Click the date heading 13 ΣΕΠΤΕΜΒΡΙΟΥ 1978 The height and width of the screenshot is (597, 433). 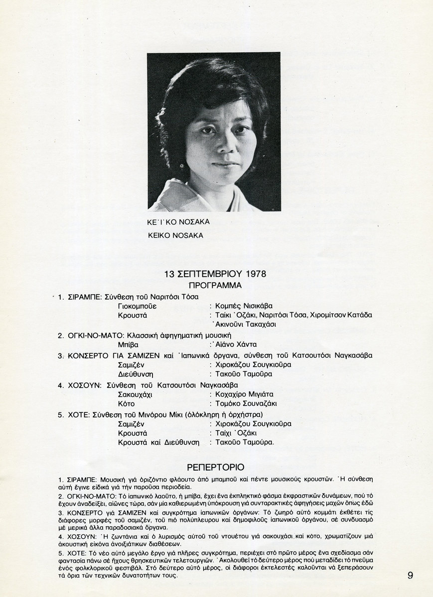[215, 274]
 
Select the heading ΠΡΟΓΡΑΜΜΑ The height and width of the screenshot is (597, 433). [215, 286]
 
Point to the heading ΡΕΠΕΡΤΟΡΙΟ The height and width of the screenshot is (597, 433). [215, 467]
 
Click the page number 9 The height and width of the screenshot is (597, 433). [410, 576]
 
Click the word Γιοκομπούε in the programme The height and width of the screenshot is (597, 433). [137, 306]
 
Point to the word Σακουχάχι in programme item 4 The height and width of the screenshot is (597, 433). [135, 394]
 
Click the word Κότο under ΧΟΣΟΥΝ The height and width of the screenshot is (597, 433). [127, 403]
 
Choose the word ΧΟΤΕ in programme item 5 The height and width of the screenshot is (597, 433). [79, 414]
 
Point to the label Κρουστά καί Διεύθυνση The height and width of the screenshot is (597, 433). [158, 442]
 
